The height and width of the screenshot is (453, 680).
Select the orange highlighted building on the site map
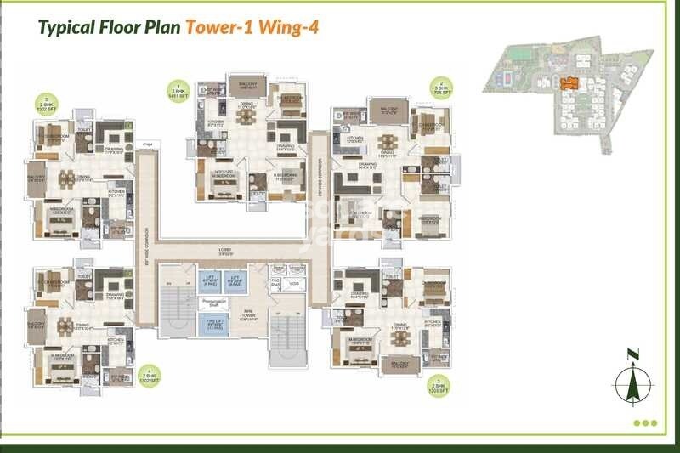569,83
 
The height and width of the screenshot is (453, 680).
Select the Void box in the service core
293,283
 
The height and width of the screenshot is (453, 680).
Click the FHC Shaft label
275,283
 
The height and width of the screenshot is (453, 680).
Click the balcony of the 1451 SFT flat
247,86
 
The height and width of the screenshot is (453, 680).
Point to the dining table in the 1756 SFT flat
388,141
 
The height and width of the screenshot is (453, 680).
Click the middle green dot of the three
644,422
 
